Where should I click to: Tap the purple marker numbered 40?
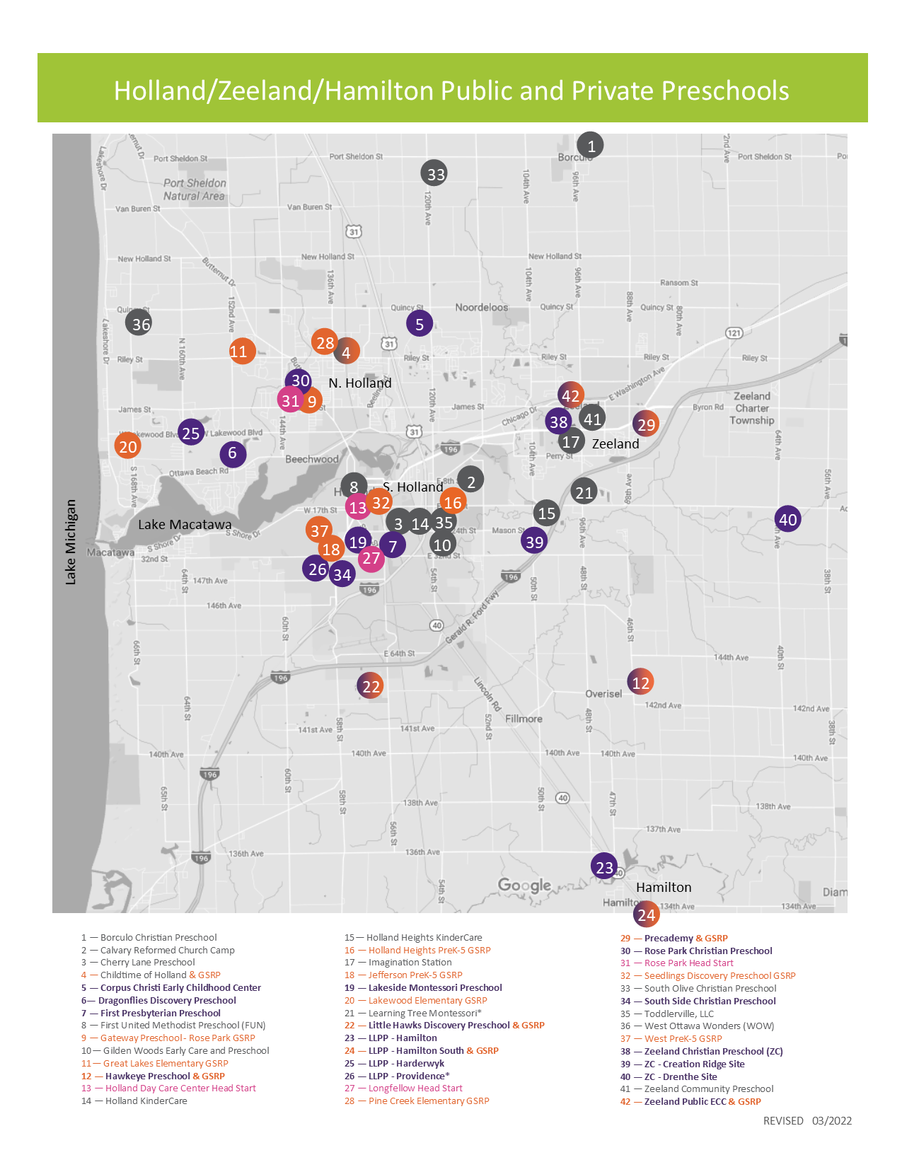pos(787,519)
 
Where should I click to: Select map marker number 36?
pos(139,323)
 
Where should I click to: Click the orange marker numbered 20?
pos(128,446)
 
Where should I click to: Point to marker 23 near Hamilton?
pos(604,866)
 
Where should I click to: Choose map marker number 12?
pos(640,683)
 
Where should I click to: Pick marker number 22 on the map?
pos(370,685)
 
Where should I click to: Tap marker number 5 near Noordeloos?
pos(420,323)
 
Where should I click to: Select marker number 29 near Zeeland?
pos(646,424)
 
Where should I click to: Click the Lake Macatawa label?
pos(185,524)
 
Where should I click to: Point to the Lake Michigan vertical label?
pos(71,542)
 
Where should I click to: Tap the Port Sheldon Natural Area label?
pos(194,189)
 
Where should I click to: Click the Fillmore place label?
pos(524,719)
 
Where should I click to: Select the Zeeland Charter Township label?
pos(752,408)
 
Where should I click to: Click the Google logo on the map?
pos(524,885)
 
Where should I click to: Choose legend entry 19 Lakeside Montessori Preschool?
pos(434,987)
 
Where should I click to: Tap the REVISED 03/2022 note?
pos(807,1120)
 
